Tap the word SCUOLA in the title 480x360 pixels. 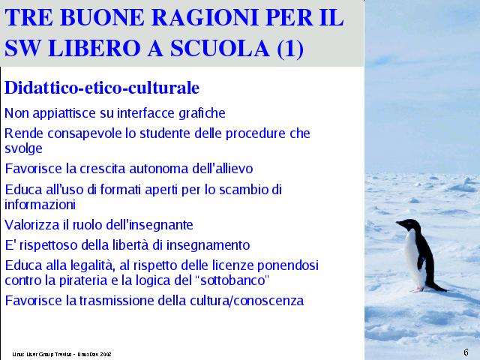tap(220, 48)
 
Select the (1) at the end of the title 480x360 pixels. tap(290, 49)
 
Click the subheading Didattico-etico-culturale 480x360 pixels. tap(102, 88)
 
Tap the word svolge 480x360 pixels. tap(23, 148)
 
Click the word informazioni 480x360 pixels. tap(40, 205)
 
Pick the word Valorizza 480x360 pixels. tap(32, 225)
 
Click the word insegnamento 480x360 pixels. tap(208, 245)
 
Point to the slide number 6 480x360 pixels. tap(466, 352)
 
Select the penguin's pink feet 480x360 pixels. tap(417, 289)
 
